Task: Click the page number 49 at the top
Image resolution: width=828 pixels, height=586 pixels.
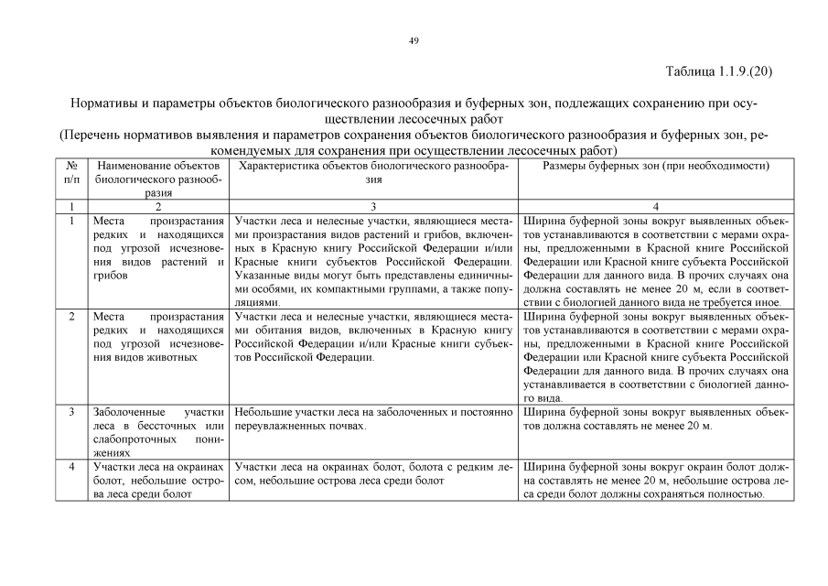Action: pos(414,40)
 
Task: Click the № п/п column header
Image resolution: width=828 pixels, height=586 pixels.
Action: pos(71,172)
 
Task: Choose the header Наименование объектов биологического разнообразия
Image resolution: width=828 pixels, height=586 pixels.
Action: pos(158,179)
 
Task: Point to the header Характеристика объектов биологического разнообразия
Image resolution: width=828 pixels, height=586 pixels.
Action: pos(374,172)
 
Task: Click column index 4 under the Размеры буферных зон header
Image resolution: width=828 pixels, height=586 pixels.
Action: pos(655,207)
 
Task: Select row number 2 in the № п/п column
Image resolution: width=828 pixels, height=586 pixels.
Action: pos(71,316)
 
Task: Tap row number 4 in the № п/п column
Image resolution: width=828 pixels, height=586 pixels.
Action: pos(71,468)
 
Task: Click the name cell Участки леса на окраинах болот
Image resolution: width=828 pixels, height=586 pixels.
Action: pos(158,482)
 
